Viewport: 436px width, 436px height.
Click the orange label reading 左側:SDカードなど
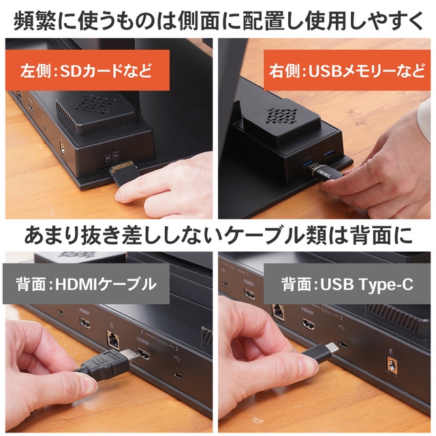click(x=86, y=69)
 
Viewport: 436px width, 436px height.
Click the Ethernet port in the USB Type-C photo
click(x=278, y=309)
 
